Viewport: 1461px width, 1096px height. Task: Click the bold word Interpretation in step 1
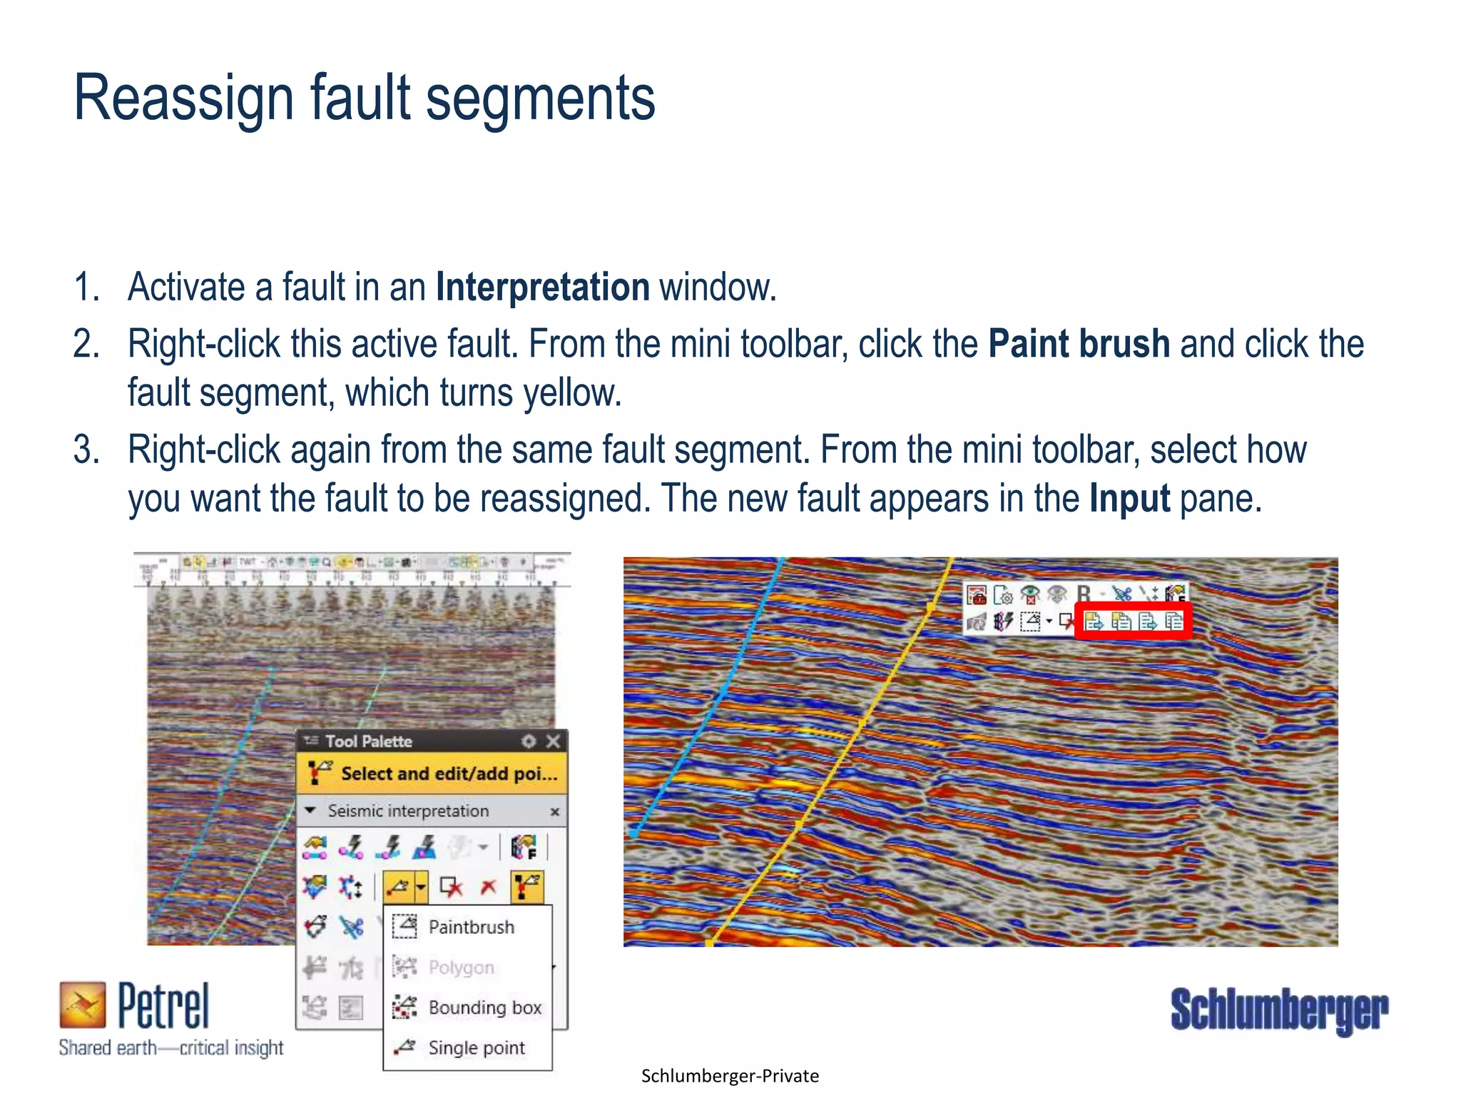(x=542, y=288)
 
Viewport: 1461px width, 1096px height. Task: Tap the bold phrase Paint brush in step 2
(x=1079, y=345)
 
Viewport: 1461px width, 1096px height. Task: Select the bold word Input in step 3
(x=1129, y=499)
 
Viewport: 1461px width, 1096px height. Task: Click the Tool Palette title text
(x=369, y=741)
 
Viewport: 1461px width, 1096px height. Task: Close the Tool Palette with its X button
(x=553, y=741)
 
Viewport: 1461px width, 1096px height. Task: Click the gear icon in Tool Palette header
(x=529, y=741)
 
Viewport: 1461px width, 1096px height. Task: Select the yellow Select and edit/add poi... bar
(x=432, y=773)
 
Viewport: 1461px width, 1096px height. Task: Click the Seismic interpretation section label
(x=408, y=811)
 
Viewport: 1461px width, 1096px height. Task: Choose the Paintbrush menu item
(x=471, y=927)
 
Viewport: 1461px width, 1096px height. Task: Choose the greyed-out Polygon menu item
(x=461, y=968)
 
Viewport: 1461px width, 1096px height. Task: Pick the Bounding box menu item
(x=484, y=1008)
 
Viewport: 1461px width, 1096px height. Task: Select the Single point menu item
(x=476, y=1048)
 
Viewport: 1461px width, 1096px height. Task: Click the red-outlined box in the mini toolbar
(x=1133, y=621)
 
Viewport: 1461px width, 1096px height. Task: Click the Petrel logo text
(x=163, y=1006)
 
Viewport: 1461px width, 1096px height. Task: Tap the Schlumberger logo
(x=1279, y=1010)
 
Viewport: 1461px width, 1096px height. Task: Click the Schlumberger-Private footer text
(x=730, y=1076)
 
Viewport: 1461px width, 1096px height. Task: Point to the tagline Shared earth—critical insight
(x=171, y=1048)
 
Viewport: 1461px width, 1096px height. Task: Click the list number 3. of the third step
(x=86, y=450)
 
